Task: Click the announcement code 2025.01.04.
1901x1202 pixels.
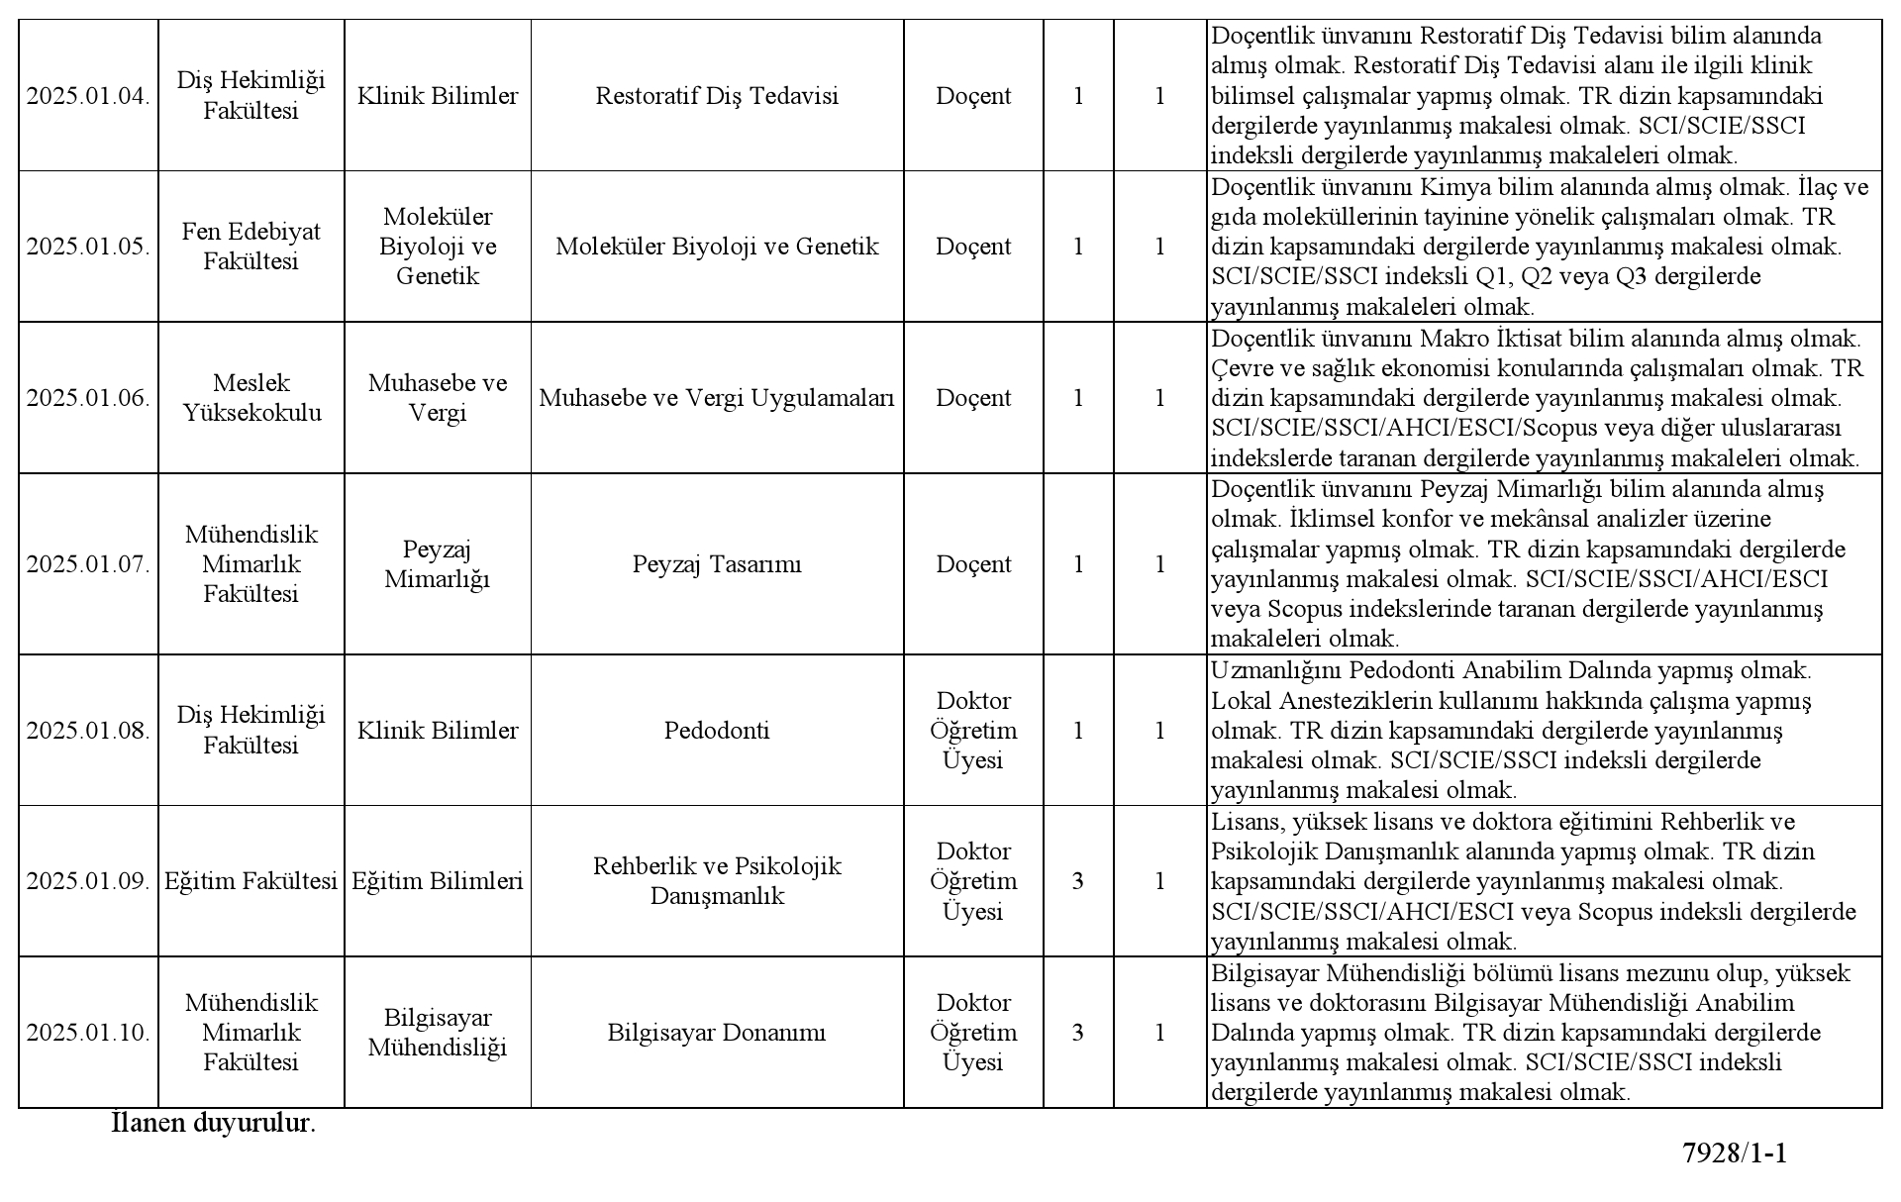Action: point(88,96)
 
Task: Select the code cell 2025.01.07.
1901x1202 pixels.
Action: point(88,564)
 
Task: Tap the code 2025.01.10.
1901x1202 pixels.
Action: point(88,1033)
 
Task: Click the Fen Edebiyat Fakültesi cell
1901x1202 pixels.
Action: point(250,247)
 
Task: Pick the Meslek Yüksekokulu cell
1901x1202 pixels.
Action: point(250,398)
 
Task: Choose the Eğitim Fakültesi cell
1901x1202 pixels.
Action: point(250,881)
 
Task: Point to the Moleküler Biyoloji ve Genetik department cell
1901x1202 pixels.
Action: point(438,247)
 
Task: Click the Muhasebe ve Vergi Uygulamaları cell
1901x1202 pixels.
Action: point(717,398)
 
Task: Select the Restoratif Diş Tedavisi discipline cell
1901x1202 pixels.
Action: point(717,96)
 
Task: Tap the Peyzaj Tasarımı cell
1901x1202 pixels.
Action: point(717,564)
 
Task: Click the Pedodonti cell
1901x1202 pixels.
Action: point(717,731)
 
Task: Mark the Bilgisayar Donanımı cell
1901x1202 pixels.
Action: point(717,1033)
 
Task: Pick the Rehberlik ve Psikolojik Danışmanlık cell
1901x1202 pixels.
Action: point(717,881)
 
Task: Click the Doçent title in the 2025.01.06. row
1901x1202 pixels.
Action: point(973,398)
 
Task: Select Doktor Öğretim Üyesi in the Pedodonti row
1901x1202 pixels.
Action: point(973,731)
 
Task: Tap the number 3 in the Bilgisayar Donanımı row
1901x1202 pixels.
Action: point(1078,1033)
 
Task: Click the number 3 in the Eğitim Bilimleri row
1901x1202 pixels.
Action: point(1078,881)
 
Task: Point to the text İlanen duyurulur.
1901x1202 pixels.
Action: point(214,1124)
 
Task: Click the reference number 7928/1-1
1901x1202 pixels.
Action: point(1735,1153)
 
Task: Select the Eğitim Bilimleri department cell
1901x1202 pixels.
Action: point(438,881)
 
